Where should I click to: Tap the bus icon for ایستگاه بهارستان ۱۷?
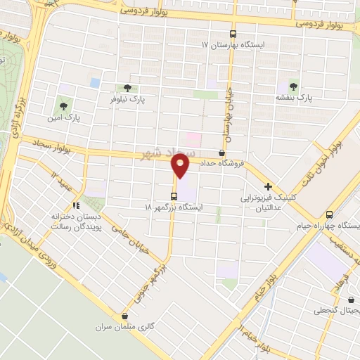tap(233, 33)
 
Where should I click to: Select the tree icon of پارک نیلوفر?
tap(127, 88)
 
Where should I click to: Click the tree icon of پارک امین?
tap(63, 107)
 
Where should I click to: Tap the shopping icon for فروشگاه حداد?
tap(222, 153)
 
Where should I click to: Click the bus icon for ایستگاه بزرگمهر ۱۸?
tap(174, 196)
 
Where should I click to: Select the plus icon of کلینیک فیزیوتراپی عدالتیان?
tap(269, 187)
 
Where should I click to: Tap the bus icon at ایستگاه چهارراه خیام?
tap(330, 214)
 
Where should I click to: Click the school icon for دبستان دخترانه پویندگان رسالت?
tap(75, 206)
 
